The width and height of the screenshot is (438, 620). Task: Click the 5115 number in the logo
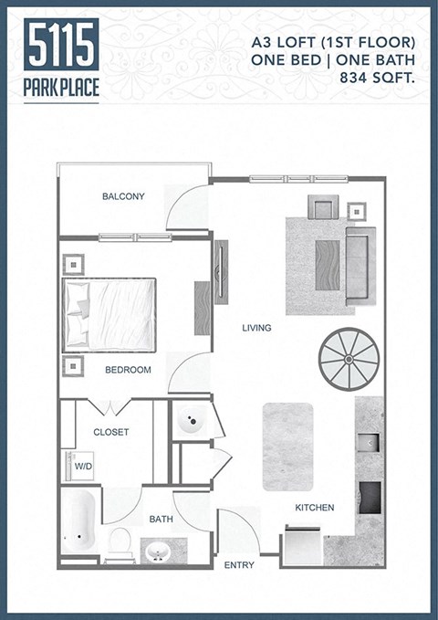click(x=62, y=46)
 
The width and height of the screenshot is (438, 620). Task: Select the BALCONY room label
click(x=123, y=196)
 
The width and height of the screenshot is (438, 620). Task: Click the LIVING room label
click(x=256, y=328)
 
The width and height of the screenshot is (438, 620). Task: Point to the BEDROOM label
click(x=128, y=370)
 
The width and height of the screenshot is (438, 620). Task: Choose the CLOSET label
click(x=111, y=432)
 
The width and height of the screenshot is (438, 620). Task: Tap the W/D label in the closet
click(x=83, y=466)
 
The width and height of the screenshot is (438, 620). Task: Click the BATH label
click(x=162, y=520)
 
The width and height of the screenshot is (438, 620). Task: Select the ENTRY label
click(x=239, y=565)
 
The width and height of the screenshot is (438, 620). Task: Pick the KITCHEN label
click(x=314, y=508)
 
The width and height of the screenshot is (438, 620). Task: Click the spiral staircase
click(x=348, y=360)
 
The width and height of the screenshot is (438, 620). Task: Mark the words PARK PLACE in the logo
click(x=62, y=89)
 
